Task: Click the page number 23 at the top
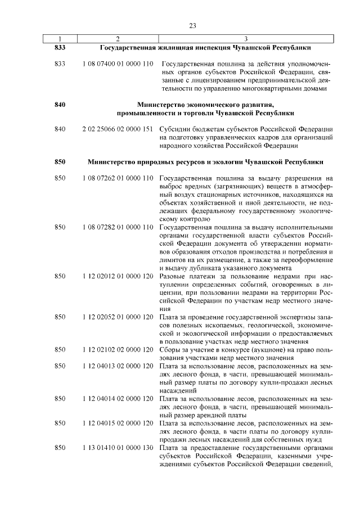tap(192, 26)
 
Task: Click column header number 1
tap(60, 39)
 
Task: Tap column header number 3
tap(246, 39)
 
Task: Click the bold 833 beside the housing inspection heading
tap(60, 48)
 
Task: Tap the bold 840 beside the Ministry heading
tap(60, 105)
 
